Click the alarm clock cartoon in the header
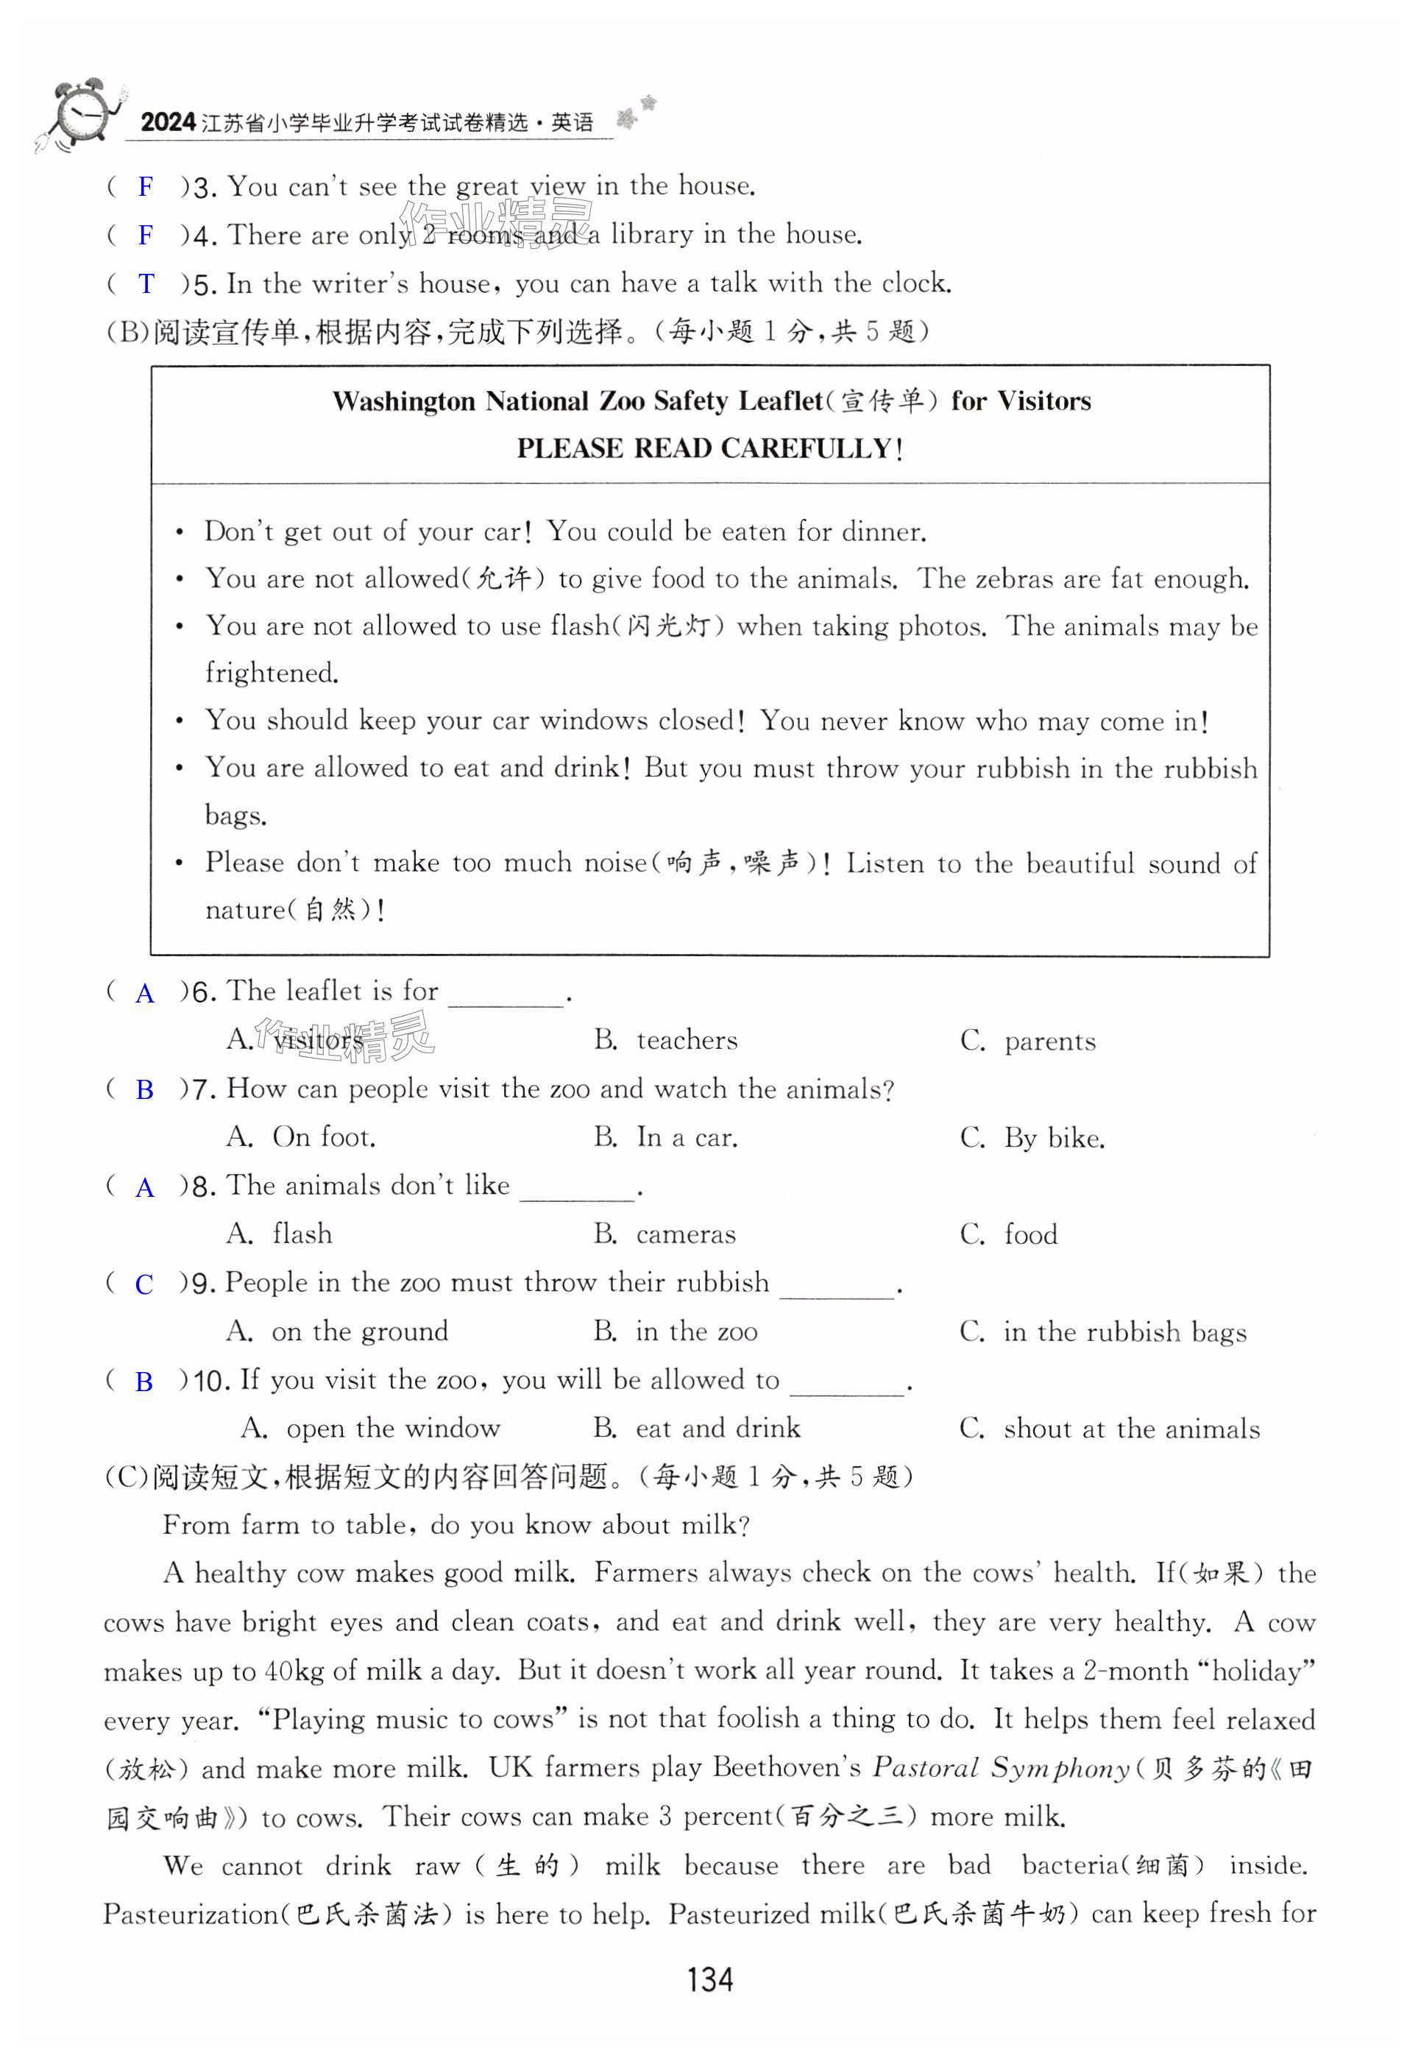coord(80,116)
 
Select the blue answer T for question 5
coord(146,284)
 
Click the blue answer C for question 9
coord(143,1284)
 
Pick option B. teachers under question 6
coord(666,1040)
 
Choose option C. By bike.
coord(1032,1138)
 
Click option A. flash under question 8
coord(280,1234)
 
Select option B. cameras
coord(665,1234)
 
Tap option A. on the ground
coord(338,1332)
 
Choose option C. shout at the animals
coord(1110,1429)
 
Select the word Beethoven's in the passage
coord(786,1768)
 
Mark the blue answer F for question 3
coord(146,187)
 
